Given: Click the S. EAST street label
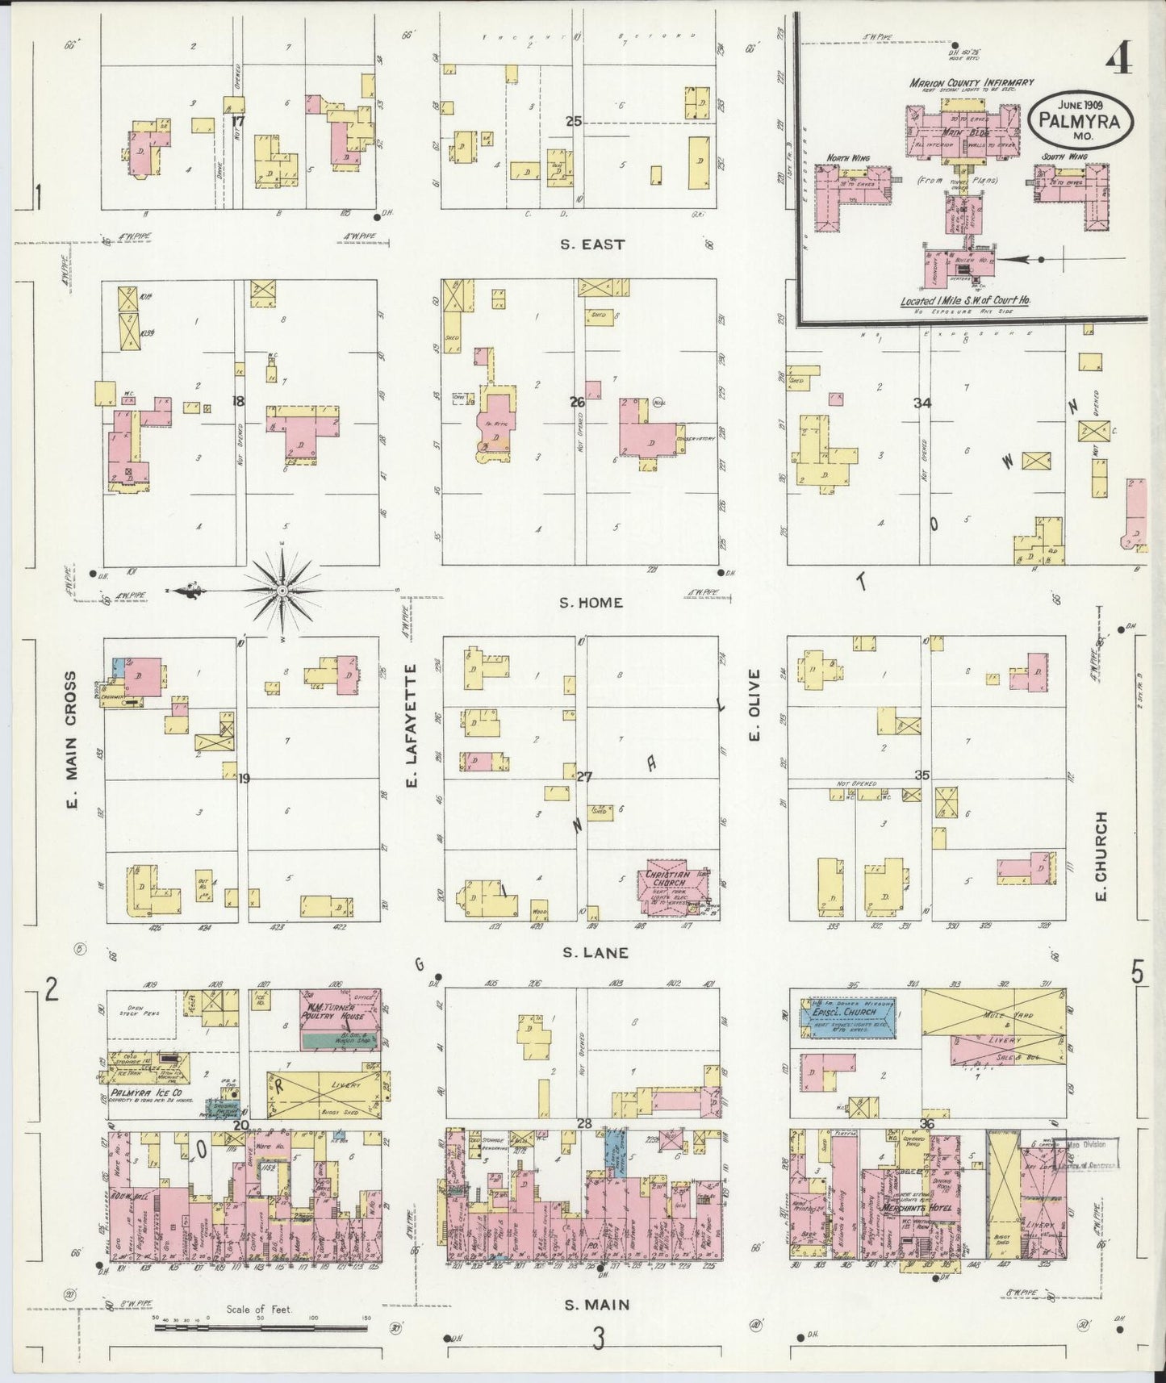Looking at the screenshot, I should click(x=592, y=244).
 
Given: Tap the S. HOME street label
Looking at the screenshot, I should click(x=592, y=602).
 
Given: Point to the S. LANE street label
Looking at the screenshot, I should click(x=596, y=953).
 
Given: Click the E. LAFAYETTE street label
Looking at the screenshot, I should click(x=411, y=725).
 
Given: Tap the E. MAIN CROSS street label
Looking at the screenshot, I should click(x=71, y=740).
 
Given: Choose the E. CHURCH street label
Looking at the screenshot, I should click(x=1101, y=856).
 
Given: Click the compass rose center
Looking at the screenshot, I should click(x=282, y=591).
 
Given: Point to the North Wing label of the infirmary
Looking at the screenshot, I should click(x=847, y=158).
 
